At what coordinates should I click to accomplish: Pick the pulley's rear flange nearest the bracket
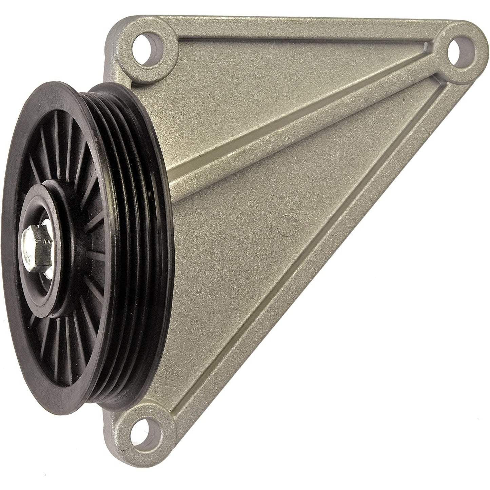[x=159, y=170]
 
